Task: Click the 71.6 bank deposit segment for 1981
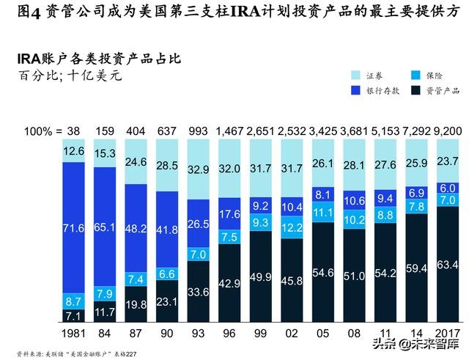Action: (x=74, y=229)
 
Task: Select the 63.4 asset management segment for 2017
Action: (x=449, y=264)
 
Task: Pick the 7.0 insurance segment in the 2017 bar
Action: (x=449, y=199)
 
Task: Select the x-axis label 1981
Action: (x=74, y=333)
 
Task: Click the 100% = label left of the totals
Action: (x=42, y=131)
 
